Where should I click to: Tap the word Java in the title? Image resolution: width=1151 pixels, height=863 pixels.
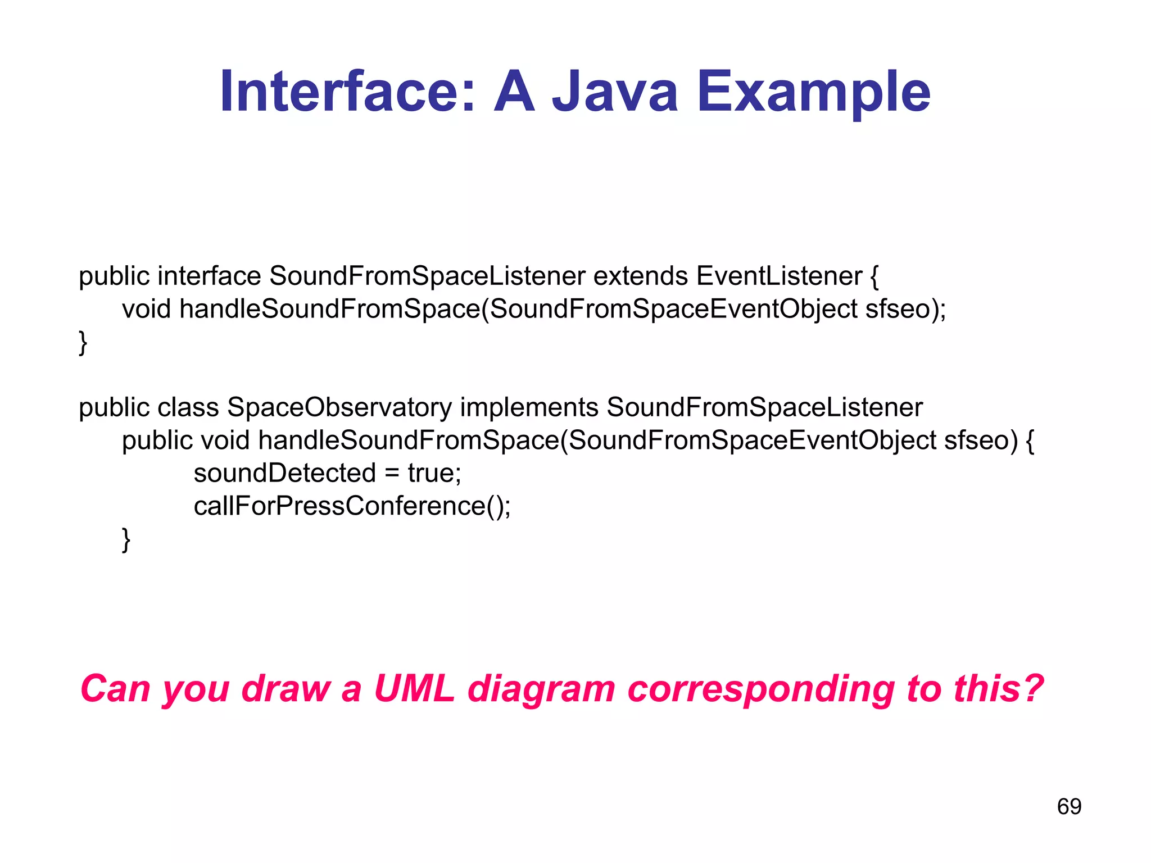click(x=615, y=92)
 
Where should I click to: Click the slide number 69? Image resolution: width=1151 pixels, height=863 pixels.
click(x=1069, y=806)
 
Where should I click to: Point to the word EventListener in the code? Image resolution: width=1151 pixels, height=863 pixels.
click(x=779, y=276)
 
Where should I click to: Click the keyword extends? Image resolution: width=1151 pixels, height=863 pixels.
click(x=641, y=276)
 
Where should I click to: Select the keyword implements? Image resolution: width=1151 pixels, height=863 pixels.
click(x=529, y=407)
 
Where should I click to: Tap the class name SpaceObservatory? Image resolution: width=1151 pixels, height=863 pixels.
click(x=339, y=407)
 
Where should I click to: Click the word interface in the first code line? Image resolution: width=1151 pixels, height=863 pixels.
click(x=209, y=276)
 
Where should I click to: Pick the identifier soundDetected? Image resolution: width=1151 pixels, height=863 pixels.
click(x=284, y=473)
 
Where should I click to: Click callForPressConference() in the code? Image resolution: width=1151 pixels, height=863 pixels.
click(x=352, y=506)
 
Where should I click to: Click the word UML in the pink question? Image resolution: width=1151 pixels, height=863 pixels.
click(x=414, y=688)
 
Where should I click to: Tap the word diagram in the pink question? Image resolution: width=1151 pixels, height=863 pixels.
click(x=541, y=689)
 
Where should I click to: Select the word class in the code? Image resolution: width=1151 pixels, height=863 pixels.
click(x=188, y=407)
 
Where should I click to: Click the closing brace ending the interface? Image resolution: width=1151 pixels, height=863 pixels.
click(x=83, y=342)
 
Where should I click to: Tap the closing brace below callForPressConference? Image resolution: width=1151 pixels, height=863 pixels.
click(x=126, y=539)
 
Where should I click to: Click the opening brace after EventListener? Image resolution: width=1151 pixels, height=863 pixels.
click(x=874, y=276)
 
